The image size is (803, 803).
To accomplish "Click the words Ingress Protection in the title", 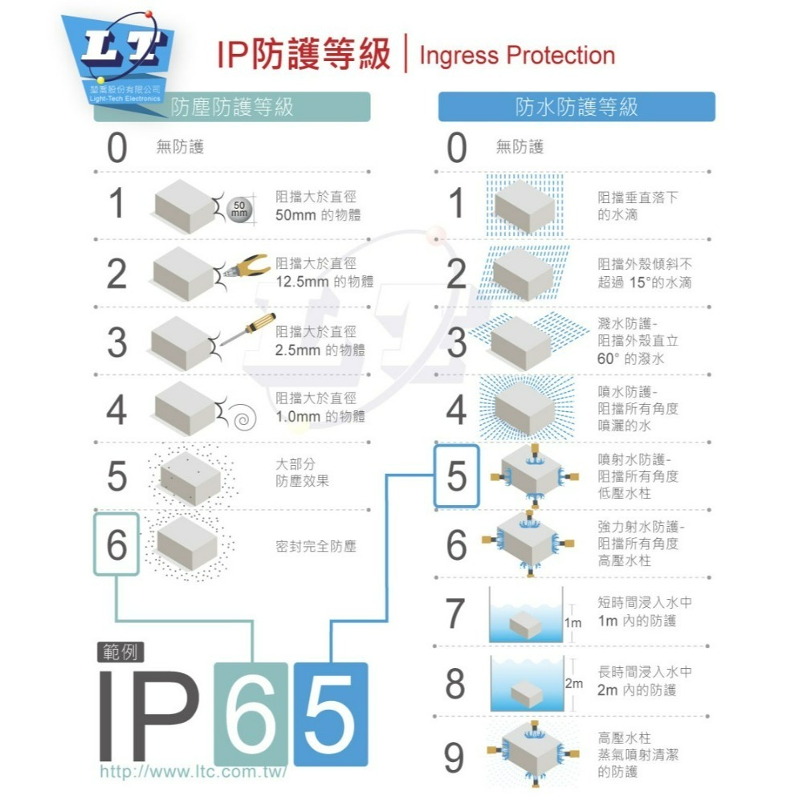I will point(517,56).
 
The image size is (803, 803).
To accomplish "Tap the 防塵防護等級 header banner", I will point(233,107).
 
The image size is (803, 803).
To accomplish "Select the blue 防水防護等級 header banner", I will point(576,107).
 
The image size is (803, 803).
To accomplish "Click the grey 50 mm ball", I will point(240,210).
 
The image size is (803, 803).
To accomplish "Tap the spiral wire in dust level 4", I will point(241,414).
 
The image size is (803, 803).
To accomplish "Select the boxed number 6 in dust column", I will point(117,545).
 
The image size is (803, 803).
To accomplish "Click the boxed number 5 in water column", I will point(456,477).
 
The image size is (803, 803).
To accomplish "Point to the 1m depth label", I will point(573,623).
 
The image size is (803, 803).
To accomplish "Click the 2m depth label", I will point(573,684).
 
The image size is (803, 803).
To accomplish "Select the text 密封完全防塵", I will point(315,546).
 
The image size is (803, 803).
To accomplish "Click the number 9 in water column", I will point(454,756).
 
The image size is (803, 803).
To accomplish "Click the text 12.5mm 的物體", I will point(324,281).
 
